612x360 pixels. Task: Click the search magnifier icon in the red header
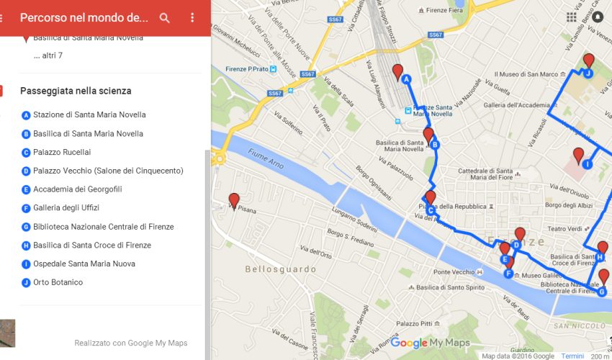165,18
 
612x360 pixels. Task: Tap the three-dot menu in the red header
192,18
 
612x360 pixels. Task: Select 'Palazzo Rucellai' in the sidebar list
62,152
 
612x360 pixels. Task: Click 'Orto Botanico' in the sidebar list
58,282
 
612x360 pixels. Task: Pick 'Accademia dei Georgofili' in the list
77,189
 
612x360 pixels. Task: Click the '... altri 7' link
48,55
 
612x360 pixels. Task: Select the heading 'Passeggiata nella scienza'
76,91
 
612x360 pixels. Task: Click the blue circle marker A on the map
406,80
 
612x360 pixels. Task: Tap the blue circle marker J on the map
588,73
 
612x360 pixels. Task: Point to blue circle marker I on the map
588,164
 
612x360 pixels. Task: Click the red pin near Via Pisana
233,201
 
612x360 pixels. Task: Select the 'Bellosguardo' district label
280,269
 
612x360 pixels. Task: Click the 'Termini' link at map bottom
572,356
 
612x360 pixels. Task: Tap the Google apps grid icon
572,17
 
